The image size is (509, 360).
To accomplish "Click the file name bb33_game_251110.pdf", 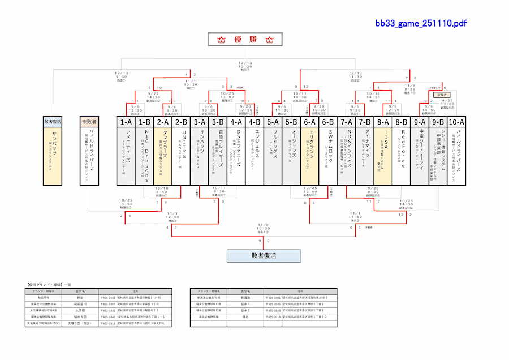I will (421, 23).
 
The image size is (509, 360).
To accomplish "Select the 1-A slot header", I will (126, 122).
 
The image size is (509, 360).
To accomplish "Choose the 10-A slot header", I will (456, 122).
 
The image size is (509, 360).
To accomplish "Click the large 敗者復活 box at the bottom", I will (264, 256).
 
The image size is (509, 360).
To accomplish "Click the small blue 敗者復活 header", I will (53, 122).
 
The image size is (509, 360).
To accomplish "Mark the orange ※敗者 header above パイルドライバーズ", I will (89, 122).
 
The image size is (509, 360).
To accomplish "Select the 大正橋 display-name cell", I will (80, 310).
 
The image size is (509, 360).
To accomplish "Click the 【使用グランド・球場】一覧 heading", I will (49, 284).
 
